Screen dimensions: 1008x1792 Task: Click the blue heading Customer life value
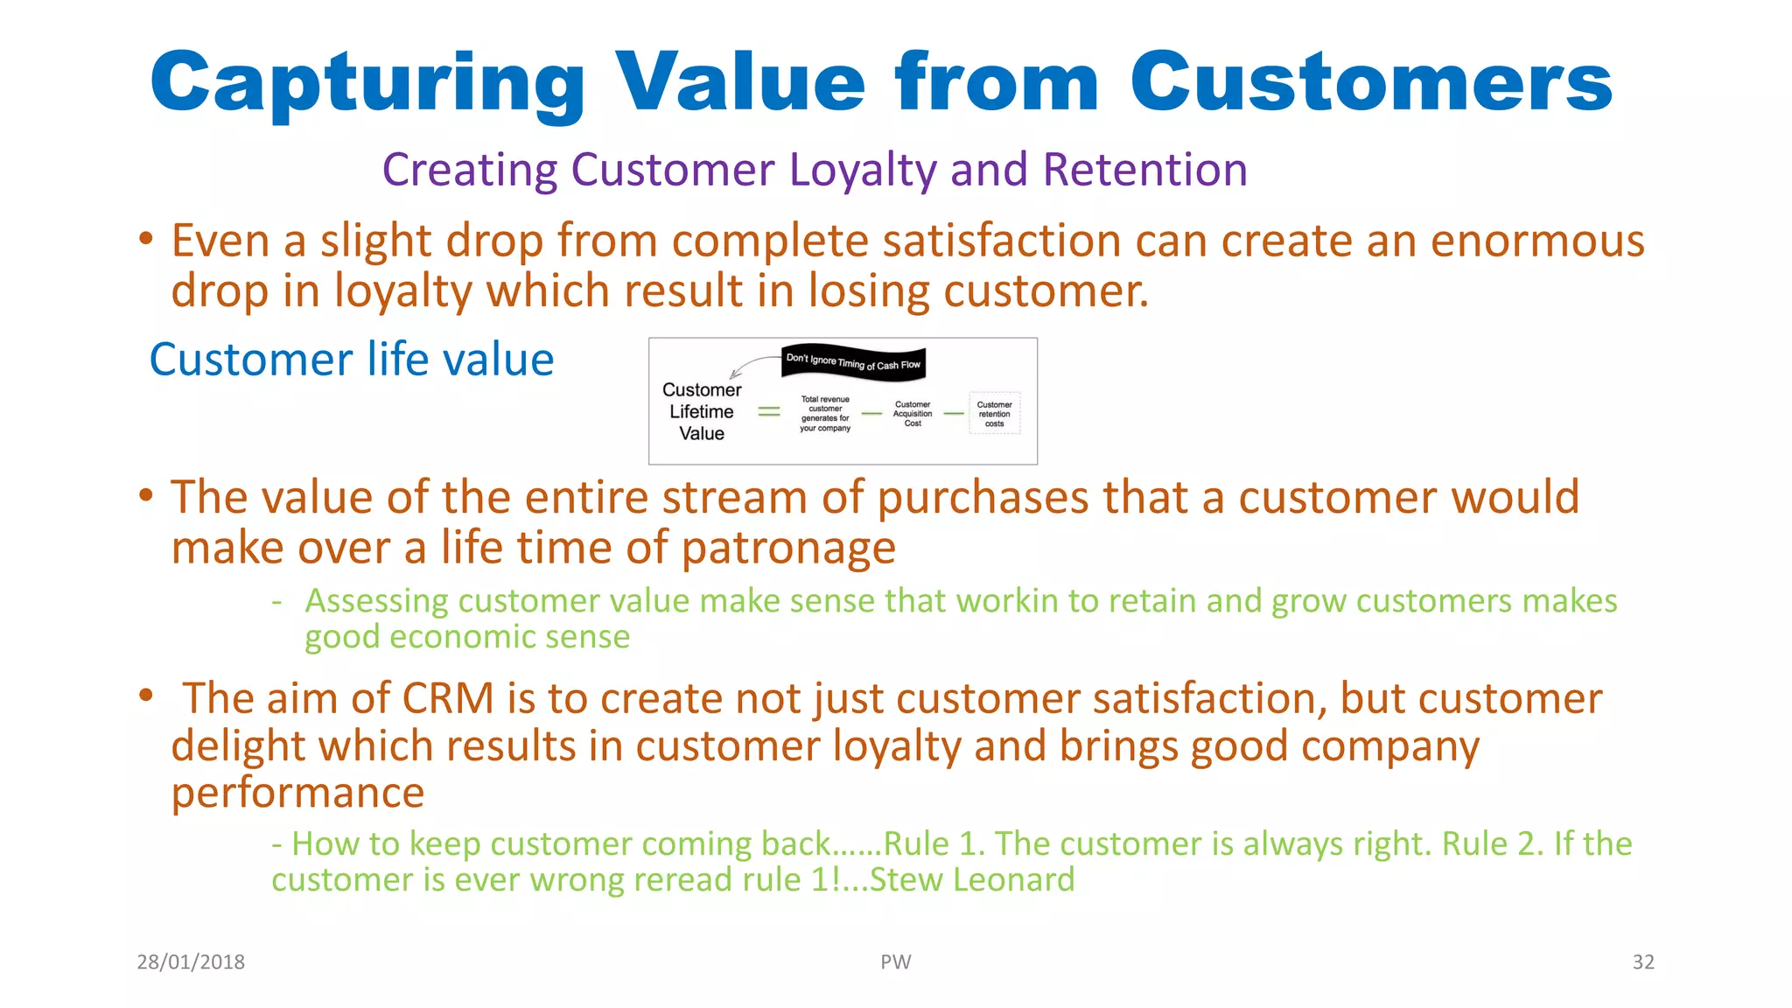pos(352,360)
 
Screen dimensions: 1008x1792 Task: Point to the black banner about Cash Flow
pos(853,362)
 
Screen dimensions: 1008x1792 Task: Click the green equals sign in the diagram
pos(768,411)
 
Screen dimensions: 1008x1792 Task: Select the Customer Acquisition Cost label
pos(912,414)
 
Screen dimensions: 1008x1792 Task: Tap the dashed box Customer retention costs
pos(994,414)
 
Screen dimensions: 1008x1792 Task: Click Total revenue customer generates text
pos(825,414)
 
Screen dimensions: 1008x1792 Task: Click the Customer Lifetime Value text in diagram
pos(702,411)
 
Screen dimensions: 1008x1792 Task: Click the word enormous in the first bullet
pos(1537,241)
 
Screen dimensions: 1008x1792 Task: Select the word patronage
pos(788,549)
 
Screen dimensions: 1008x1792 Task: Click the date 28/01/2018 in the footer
pos(191,962)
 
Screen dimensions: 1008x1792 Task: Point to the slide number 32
pos(1642,962)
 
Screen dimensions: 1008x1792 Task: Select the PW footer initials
pos(895,962)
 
